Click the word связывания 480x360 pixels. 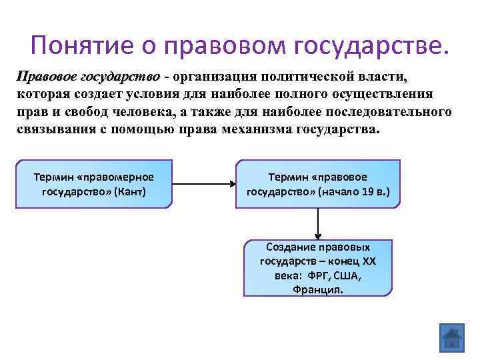coord(60,129)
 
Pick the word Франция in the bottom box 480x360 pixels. coord(318,289)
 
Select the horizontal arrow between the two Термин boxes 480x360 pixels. coord(203,185)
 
